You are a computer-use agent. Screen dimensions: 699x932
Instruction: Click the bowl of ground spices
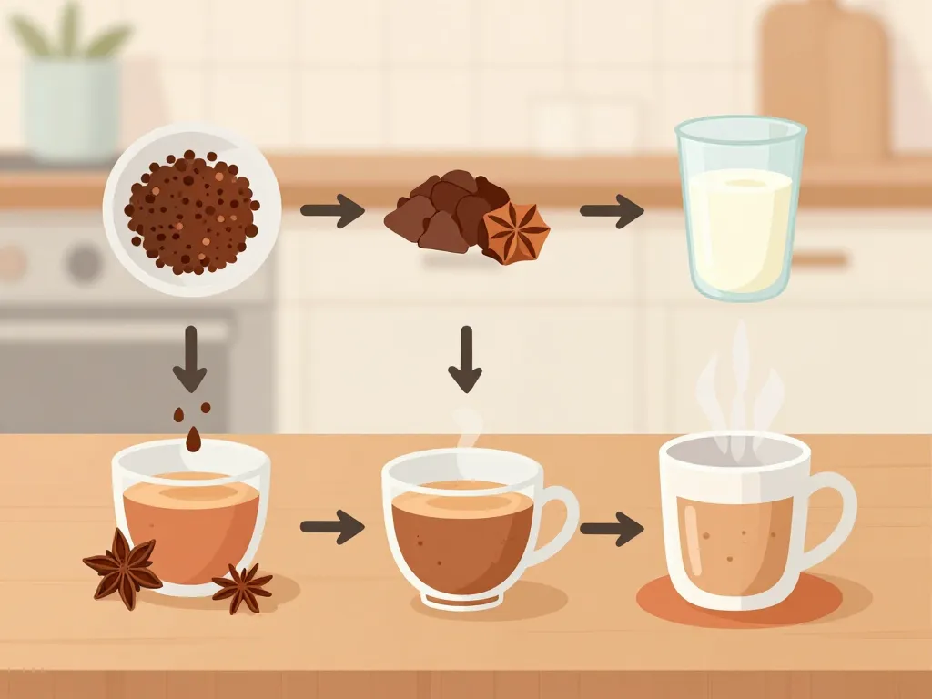pyautogui.click(x=192, y=210)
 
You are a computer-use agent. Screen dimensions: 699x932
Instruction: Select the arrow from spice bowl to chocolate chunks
pyautogui.click(x=332, y=211)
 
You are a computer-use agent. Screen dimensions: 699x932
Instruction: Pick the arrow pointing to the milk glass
pyautogui.click(x=612, y=211)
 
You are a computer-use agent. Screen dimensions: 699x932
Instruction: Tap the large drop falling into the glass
pyautogui.click(x=194, y=440)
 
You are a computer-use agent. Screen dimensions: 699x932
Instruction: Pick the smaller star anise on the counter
pyautogui.click(x=242, y=587)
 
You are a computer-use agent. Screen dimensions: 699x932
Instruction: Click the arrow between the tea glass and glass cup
pyautogui.click(x=332, y=526)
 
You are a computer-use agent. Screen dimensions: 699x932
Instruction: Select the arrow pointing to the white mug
pyautogui.click(x=612, y=528)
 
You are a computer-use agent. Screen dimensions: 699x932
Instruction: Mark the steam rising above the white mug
pyautogui.click(x=739, y=382)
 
